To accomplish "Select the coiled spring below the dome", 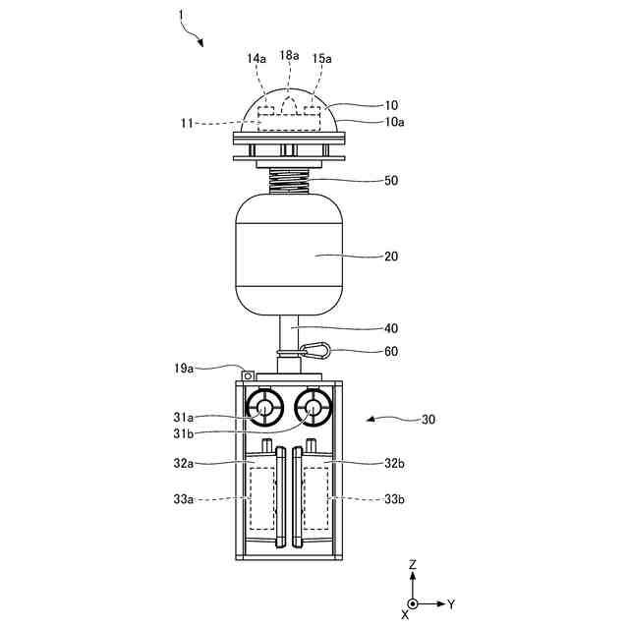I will (290, 180).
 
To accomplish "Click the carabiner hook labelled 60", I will (316, 348).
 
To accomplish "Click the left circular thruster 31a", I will (263, 407).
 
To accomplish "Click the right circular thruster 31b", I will (314, 407).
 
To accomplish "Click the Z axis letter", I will (413, 564).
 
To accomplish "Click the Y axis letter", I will (450, 602).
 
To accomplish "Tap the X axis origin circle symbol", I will (413, 602).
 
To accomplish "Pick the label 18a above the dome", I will (289, 56).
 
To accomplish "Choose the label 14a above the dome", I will (256, 59).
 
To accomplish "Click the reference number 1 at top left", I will (181, 15).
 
